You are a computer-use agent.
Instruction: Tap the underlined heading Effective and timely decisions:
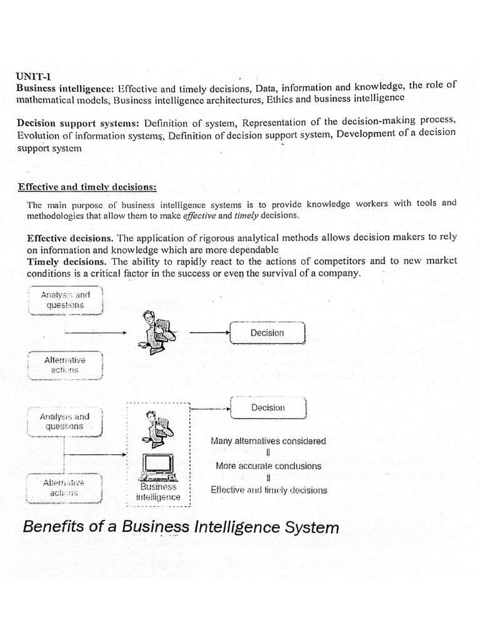87,187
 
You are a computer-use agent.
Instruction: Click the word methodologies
56,216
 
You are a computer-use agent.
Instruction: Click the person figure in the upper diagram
153,329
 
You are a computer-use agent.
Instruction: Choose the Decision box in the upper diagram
267,333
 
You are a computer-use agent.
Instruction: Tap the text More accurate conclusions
268,466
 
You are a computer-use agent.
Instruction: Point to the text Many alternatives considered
268,441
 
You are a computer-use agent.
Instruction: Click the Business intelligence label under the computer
158,492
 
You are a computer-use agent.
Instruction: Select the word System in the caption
309,527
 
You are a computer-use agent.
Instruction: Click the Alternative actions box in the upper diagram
65,365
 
